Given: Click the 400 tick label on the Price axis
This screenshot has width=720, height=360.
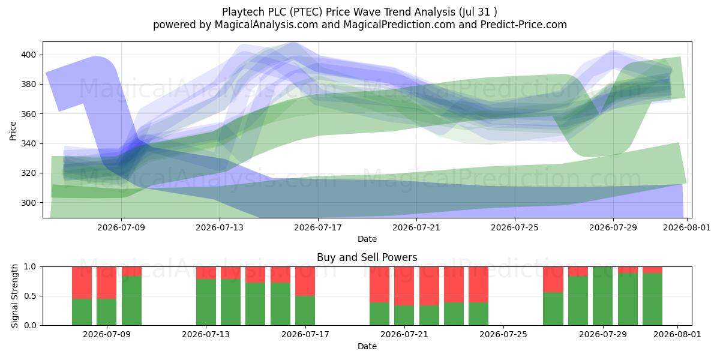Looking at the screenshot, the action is pos(28,55).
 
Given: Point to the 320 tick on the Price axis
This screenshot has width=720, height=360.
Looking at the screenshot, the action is pos(28,173).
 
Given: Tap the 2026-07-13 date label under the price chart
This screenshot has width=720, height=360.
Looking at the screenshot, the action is pos(220,227).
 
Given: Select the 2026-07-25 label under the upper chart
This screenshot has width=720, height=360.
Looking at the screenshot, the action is pos(515,227).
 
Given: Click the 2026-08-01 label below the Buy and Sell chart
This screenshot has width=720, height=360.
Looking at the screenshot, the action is pos(677,334).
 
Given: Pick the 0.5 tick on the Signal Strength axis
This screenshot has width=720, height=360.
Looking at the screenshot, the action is pos(30,296).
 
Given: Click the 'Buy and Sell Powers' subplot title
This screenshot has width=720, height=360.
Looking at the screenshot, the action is pos(367,257).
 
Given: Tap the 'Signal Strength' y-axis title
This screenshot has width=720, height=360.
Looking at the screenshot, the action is pos(14,296).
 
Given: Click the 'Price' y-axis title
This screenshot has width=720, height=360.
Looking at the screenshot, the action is pos(13,131).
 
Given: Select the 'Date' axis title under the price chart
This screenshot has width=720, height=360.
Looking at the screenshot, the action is pos(367,239).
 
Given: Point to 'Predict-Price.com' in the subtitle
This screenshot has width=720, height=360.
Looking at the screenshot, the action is pos(524,25).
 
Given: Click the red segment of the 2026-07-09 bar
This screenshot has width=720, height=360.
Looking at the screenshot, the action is pos(106,283).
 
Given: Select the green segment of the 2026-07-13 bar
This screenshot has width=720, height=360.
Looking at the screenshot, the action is pos(206,302).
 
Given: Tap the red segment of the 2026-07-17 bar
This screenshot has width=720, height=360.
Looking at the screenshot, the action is pos(305,281).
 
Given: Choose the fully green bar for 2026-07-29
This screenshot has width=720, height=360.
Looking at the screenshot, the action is pos(602,296).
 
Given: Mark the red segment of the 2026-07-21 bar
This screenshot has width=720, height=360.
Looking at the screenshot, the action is pos(404,286).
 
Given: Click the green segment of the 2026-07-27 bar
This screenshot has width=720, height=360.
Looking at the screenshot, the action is pos(553,309).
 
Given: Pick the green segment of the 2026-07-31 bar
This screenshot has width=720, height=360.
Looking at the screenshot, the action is pos(653,299).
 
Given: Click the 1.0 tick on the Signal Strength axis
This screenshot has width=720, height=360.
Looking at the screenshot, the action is pos(30,267).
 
